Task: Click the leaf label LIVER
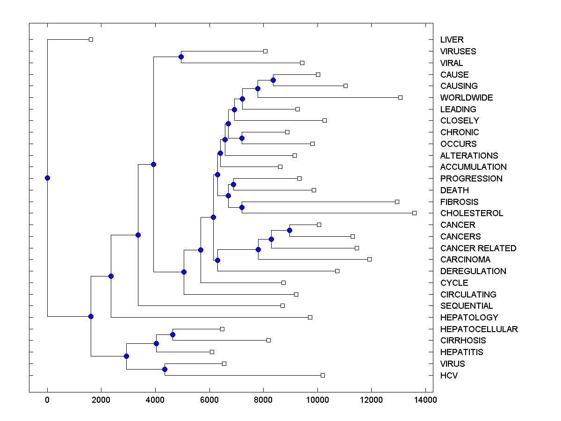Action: pyautogui.click(x=452, y=40)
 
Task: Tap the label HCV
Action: pyautogui.click(x=449, y=376)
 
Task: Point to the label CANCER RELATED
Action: pyautogui.click(x=478, y=248)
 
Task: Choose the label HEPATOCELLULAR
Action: pyautogui.click(x=479, y=329)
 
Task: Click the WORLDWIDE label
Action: pyautogui.click(x=466, y=98)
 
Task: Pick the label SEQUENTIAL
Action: pyautogui.click(x=466, y=306)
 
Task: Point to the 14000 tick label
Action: pyautogui.click(x=425, y=400)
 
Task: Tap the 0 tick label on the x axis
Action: pyautogui.click(x=47, y=400)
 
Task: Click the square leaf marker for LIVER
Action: pyautogui.click(x=91, y=39)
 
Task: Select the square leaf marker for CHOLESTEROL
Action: pyautogui.click(x=414, y=213)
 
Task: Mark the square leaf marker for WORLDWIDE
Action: pyautogui.click(x=400, y=97)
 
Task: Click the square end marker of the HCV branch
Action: pyautogui.click(x=323, y=375)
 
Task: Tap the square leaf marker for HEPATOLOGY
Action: pyautogui.click(x=310, y=317)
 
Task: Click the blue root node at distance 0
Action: pyautogui.click(x=47, y=178)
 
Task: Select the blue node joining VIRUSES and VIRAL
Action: pyautogui.click(x=181, y=57)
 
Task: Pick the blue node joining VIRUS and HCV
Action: pyautogui.click(x=165, y=370)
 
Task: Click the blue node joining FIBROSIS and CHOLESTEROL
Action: pyautogui.click(x=242, y=207)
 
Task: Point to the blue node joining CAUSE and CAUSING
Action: pyautogui.click(x=273, y=80)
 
